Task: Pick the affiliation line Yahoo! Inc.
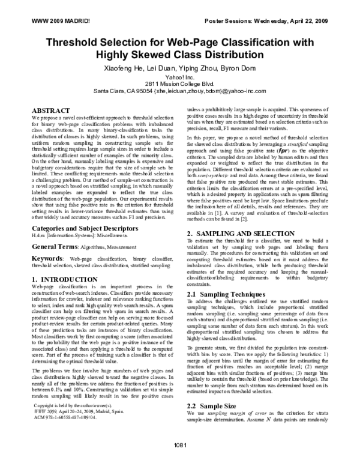click(180, 78)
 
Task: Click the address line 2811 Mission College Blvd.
click(180, 85)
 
